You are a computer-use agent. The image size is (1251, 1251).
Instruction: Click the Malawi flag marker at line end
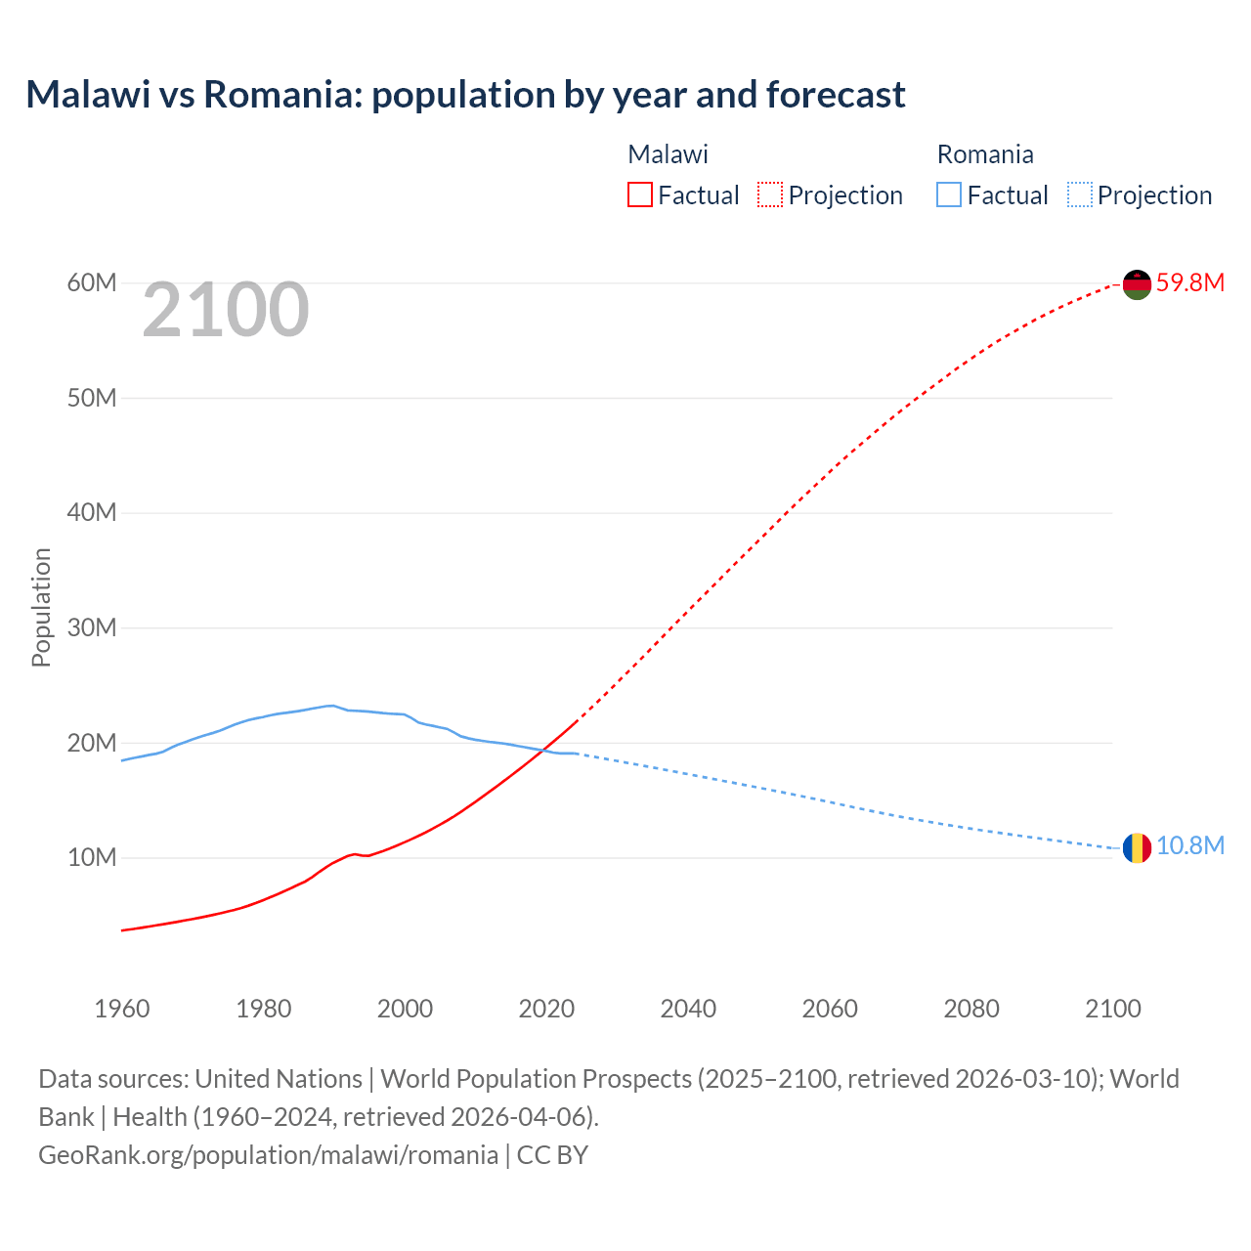1137,284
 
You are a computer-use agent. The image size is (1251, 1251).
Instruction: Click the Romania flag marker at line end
1137,847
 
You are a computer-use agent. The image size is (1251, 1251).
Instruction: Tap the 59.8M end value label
1189,283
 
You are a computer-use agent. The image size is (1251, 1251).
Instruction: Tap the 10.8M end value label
1189,846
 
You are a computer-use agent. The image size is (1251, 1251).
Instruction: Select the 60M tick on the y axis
92,283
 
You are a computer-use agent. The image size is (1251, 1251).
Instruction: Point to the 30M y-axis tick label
92,627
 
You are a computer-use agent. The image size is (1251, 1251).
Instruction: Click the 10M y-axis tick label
92,858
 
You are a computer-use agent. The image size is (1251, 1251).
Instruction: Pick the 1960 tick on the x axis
122,1009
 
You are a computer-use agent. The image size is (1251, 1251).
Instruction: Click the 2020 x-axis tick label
546,1009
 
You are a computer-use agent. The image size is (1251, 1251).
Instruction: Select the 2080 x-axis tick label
971,1009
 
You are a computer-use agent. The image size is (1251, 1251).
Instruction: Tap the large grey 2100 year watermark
226,311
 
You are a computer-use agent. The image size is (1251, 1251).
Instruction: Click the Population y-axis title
41,607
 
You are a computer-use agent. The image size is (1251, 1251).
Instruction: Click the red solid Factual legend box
639,195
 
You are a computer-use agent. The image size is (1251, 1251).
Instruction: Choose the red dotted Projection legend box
770,195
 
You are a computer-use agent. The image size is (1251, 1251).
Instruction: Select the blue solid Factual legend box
949,195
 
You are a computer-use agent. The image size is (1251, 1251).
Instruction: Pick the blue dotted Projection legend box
1080,195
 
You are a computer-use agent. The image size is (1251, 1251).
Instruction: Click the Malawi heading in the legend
668,154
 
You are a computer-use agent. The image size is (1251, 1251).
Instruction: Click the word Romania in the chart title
281,95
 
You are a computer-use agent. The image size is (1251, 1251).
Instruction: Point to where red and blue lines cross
543,751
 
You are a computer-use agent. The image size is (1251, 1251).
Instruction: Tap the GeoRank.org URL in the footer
268,1155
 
